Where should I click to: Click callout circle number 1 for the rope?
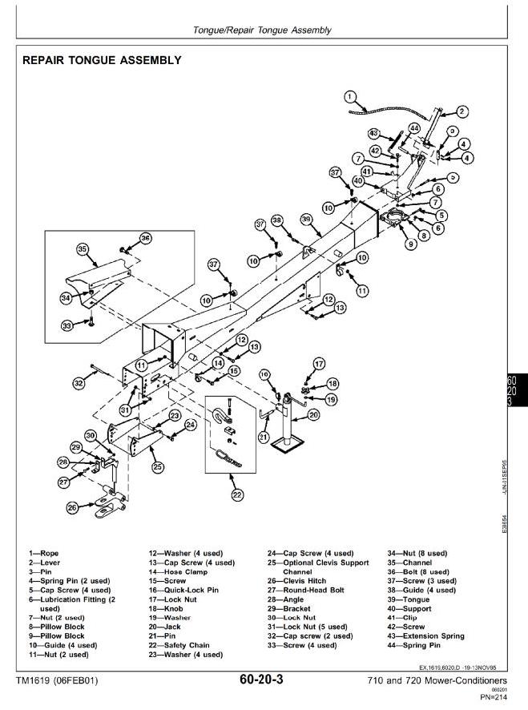tap(350, 97)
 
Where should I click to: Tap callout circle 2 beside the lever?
tap(462, 111)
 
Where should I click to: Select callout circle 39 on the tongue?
tap(305, 219)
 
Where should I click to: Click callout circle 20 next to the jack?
tap(313, 414)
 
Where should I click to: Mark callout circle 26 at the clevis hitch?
tap(72, 507)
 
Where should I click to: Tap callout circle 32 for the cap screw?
tap(79, 384)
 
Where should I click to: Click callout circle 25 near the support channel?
tap(158, 466)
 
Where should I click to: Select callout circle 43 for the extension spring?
tap(373, 133)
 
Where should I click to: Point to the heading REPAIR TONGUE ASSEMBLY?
tap(101, 60)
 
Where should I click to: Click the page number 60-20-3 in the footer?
tap(260, 680)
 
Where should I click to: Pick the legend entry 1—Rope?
tap(44, 553)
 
